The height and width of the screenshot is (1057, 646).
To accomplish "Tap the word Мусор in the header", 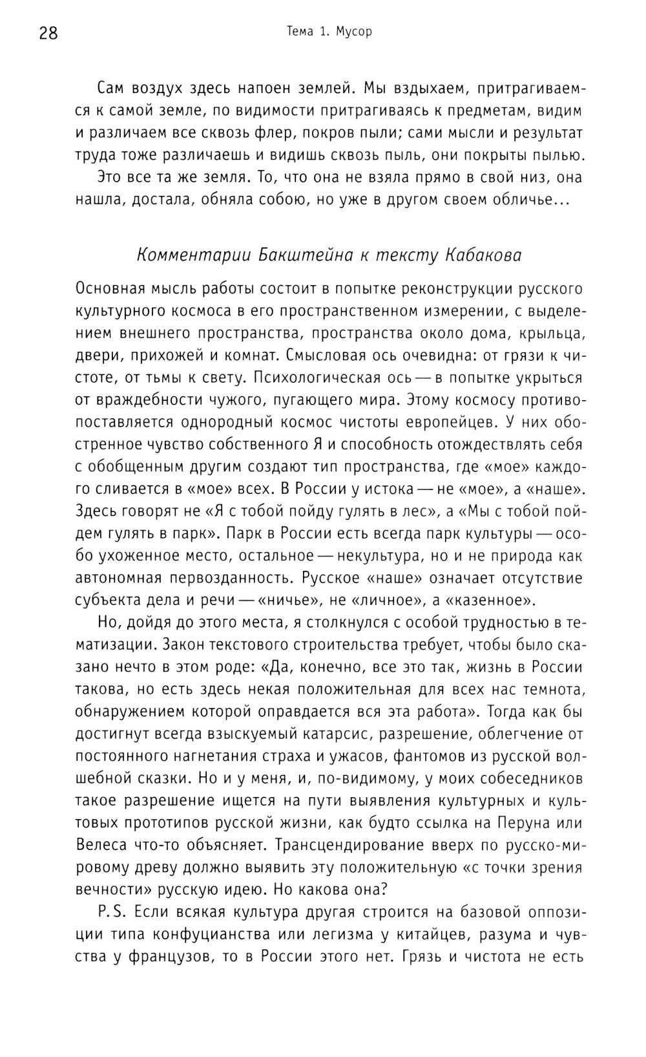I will point(354,31).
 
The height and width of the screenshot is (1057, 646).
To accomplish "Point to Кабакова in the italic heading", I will point(483,255).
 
